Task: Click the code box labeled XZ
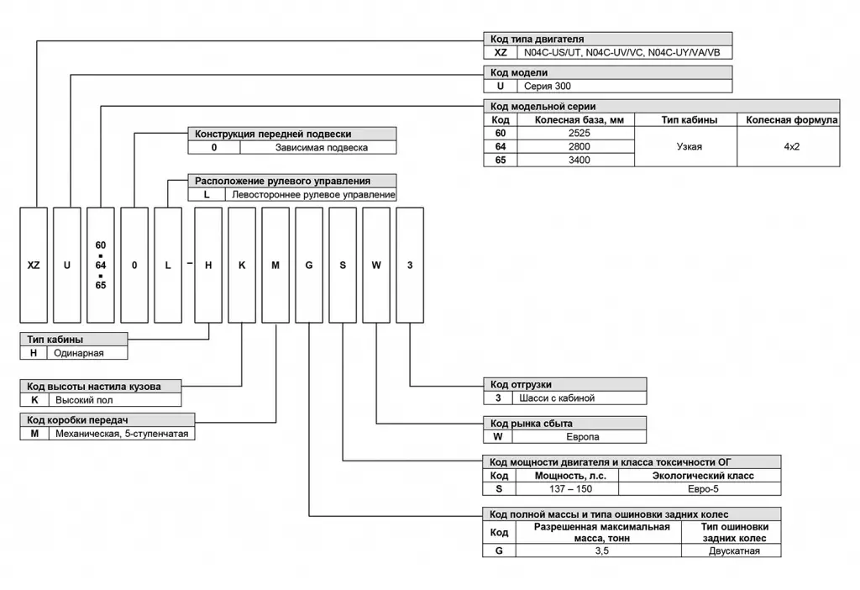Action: tap(34, 265)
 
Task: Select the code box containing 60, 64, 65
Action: tap(101, 265)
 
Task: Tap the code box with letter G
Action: tap(309, 265)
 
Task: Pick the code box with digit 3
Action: tap(410, 265)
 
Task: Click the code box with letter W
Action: tap(376, 265)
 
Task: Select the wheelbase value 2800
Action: tap(579, 146)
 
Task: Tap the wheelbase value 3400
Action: tap(579, 160)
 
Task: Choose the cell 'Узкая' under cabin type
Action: tap(689, 146)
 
